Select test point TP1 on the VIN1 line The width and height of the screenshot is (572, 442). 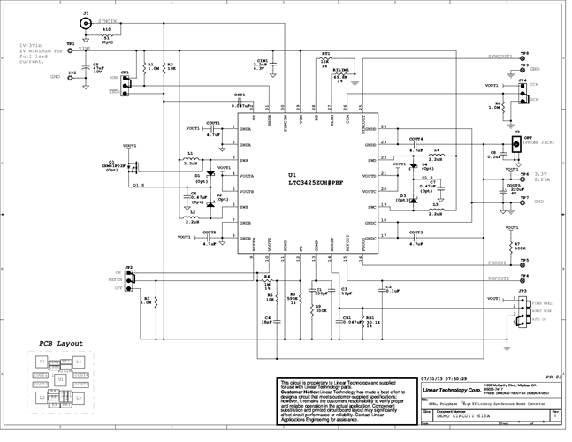(72, 50)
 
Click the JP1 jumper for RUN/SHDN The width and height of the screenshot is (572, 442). (126, 84)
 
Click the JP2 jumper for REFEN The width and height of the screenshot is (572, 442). (130, 280)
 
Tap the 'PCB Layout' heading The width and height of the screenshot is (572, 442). (62, 343)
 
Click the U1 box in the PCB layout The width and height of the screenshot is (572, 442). (60, 379)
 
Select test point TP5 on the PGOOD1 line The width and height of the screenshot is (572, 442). (523, 262)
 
